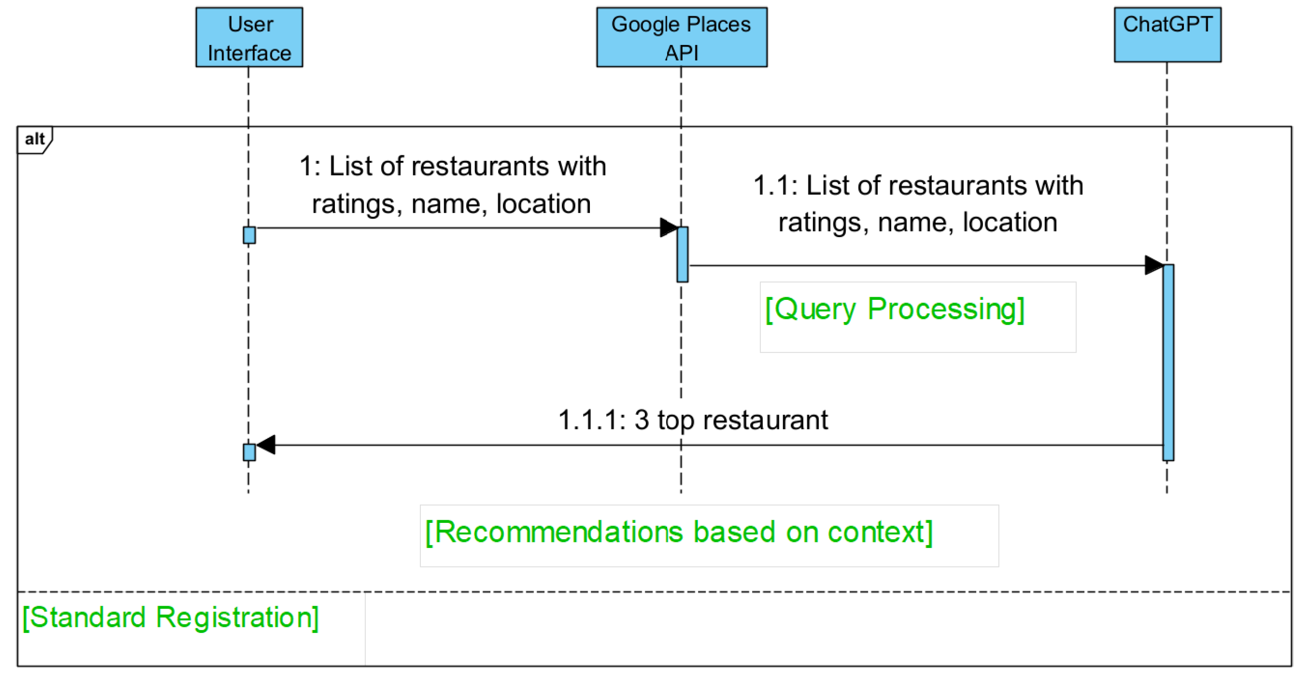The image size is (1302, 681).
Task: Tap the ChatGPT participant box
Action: coord(1167,35)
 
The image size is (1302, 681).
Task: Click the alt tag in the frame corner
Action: coord(35,139)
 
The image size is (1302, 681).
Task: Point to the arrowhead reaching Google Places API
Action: coord(668,228)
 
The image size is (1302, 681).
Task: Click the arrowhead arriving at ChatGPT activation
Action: coord(1153,265)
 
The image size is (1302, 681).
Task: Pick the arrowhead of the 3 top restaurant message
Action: coord(266,445)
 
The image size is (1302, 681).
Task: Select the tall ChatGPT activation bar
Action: coord(1168,362)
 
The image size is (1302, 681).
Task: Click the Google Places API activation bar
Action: coord(682,254)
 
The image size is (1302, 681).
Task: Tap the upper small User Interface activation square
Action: coord(249,235)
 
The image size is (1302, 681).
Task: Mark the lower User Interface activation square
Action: coord(249,452)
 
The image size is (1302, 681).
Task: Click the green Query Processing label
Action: coord(895,309)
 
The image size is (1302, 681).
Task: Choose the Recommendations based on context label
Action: coord(679,532)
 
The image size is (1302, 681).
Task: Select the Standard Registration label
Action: coord(171,617)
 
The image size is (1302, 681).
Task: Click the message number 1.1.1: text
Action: coord(592,420)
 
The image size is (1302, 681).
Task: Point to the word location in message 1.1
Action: coord(1009,222)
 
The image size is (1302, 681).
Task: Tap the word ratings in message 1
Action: coord(353,204)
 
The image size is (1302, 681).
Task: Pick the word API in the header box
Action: coord(681,53)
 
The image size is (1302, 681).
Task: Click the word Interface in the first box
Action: coord(249,53)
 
